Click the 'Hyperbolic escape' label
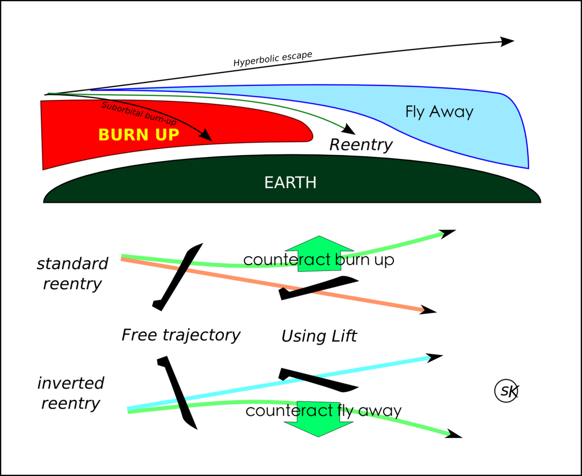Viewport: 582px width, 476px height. [x=273, y=59]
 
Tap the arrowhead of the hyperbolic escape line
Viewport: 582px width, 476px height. [x=507, y=41]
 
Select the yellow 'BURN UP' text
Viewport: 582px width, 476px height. [x=139, y=135]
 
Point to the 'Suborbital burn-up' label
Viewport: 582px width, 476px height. [x=139, y=113]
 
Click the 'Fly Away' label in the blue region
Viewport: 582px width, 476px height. [x=439, y=111]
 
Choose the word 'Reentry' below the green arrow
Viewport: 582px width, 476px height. [x=361, y=144]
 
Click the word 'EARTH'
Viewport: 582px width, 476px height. [x=290, y=183]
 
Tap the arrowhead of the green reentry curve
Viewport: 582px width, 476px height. [x=350, y=129]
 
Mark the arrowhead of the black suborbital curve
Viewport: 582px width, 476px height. [x=206, y=135]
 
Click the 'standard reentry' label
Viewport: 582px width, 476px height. [x=72, y=273]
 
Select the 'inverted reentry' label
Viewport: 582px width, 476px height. [x=71, y=393]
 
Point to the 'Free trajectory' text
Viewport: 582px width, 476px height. [x=181, y=335]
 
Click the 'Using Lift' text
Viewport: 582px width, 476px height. [x=319, y=336]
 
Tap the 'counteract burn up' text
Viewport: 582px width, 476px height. [x=319, y=260]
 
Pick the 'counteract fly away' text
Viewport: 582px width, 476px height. [x=323, y=411]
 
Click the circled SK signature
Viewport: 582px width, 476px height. [x=506, y=391]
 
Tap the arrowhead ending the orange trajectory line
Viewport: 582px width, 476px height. [x=428, y=310]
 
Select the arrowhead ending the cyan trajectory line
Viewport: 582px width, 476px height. [x=435, y=358]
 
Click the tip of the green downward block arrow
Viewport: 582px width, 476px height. [x=319, y=437]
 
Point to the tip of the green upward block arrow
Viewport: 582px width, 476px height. [x=319, y=236]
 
